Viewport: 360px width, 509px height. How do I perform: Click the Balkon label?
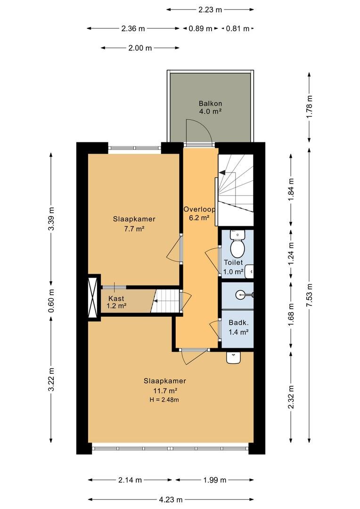pyautogui.click(x=210, y=104)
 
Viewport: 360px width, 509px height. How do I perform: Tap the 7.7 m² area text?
pyautogui.click(x=134, y=229)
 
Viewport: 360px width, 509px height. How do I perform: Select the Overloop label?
pyautogui.click(x=199, y=209)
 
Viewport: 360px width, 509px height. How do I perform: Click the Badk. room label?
pyautogui.click(x=238, y=323)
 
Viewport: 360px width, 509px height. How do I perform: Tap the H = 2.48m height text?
pyautogui.click(x=164, y=400)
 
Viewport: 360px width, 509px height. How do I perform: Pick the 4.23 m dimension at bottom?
pyautogui.click(x=171, y=500)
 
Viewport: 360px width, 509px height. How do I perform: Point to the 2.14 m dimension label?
pyautogui.click(x=130, y=480)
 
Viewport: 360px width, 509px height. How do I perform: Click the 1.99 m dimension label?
pyautogui.click(x=214, y=480)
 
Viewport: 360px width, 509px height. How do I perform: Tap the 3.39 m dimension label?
pyautogui.click(x=51, y=219)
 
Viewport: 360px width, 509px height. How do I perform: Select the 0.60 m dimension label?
pyautogui.click(x=51, y=301)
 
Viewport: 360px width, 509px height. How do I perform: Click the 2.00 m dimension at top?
pyautogui.click(x=140, y=48)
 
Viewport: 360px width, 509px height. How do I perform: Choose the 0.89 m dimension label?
pyautogui.click(x=201, y=29)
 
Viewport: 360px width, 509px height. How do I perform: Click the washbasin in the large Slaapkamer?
pyautogui.click(x=233, y=358)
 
